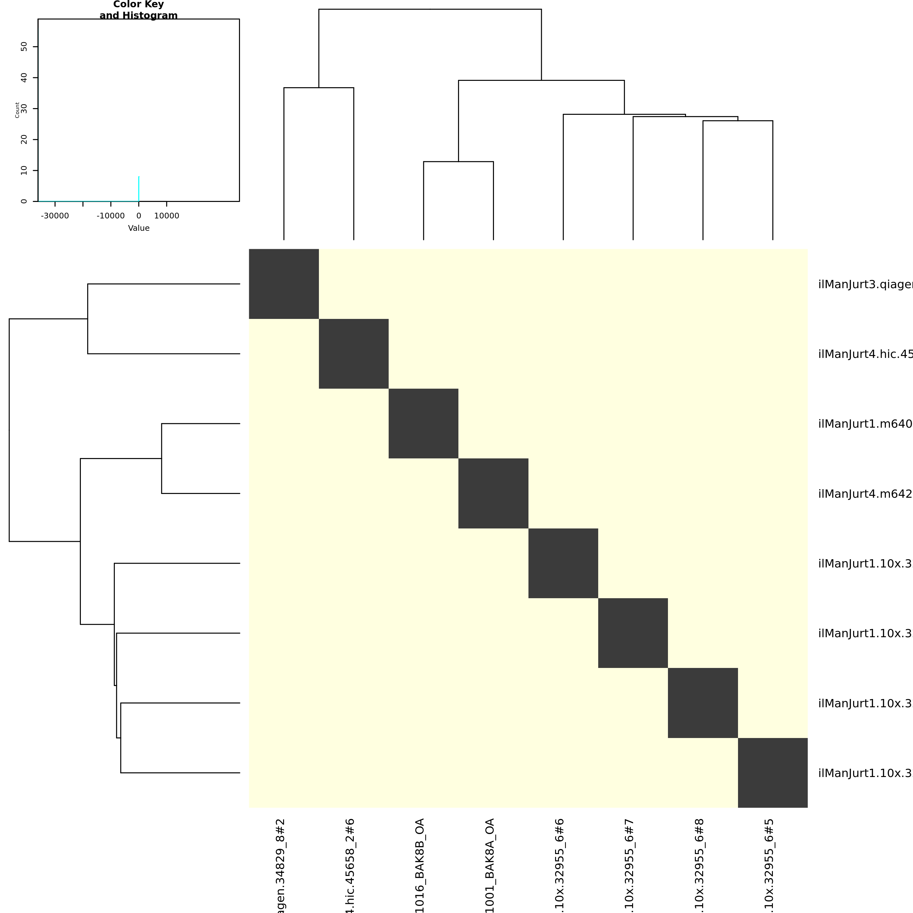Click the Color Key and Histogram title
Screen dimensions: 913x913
(139, 10)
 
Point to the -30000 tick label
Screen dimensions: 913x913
(55, 216)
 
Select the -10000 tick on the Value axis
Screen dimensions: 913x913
(111, 216)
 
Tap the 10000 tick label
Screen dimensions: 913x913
(167, 216)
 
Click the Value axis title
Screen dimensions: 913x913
(139, 228)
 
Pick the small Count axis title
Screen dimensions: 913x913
(17, 110)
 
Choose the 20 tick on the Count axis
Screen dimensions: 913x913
(24, 139)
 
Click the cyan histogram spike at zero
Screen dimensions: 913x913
(139, 189)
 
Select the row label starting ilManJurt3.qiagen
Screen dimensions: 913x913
(865, 284)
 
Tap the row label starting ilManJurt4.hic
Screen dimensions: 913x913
(865, 354)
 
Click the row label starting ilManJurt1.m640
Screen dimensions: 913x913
(865, 424)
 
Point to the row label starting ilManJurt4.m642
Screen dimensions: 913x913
(865, 494)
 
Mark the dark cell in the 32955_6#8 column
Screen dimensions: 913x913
(703, 703)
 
